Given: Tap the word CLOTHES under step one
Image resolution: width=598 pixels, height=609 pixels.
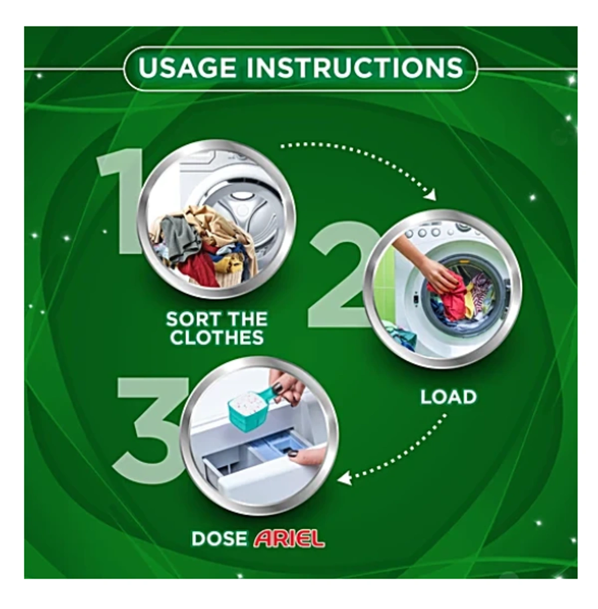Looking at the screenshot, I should point(217,338).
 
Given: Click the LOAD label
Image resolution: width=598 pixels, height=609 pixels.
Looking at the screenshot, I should point(448,397).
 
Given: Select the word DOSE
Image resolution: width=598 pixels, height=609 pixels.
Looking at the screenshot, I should point(219,538).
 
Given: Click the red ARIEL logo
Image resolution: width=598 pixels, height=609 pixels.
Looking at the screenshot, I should point(289,538).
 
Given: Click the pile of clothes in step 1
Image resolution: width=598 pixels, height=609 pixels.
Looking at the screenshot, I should point(204,249).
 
